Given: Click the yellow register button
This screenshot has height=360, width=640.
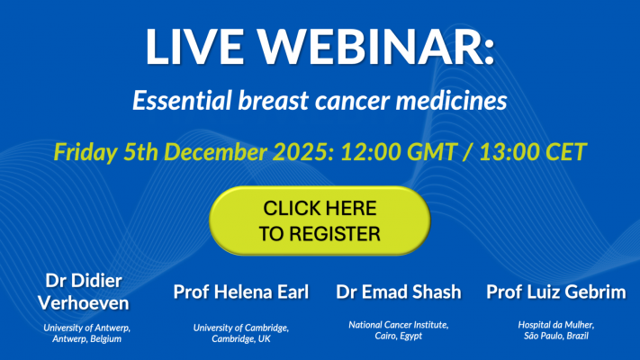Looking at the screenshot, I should (320, 220).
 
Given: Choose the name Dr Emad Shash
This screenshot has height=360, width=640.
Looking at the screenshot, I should (398, 292).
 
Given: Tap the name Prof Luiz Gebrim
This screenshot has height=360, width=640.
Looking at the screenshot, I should (556, 292).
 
